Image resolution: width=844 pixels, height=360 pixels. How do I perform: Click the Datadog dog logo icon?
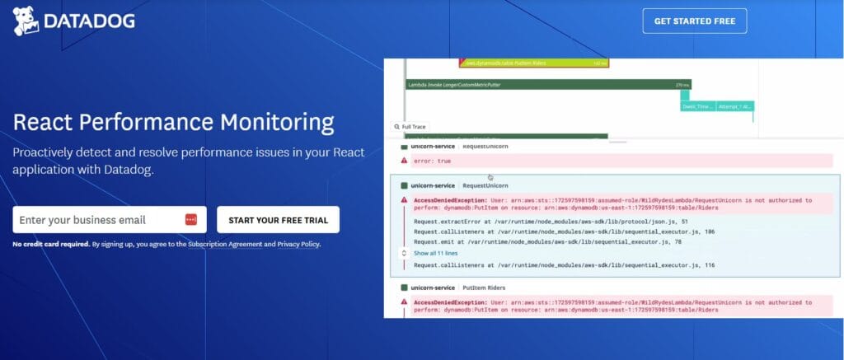[x=25, y=21]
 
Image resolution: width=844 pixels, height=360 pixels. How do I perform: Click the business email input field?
[x=97, y=220]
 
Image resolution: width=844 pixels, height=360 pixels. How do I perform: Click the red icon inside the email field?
[x=191, y=220]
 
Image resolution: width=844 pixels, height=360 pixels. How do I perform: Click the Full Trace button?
[x=410, y=127]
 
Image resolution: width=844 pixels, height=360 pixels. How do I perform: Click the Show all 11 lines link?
[x=435, y=253]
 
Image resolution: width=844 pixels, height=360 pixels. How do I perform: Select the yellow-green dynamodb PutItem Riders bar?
[x=534, y=62]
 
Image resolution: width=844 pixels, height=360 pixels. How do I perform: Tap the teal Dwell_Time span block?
[x=696, y=106]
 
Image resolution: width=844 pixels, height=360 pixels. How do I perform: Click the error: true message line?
[x=434, y=161]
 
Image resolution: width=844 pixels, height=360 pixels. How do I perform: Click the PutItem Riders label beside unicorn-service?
[x=485, y=288]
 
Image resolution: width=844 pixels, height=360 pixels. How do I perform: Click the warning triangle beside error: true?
[x=404, y=161]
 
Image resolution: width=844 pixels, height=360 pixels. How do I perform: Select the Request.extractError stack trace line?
[x=540, y=221]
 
